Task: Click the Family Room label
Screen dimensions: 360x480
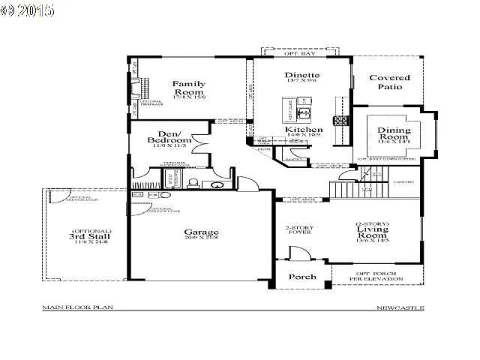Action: point(189,88)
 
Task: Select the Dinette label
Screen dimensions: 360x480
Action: point(302,75)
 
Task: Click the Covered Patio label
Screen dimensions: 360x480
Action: point(389,82)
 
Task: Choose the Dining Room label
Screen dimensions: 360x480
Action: point(394,134)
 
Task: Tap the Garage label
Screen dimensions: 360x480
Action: point(201,232)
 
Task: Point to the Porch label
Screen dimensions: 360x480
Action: point(302,277)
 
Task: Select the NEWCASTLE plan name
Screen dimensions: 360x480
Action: point(400,307)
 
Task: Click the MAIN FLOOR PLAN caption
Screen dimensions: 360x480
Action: point(72,307)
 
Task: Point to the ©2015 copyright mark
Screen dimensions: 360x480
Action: point(28,11)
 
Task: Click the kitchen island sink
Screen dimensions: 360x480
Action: point(303,113)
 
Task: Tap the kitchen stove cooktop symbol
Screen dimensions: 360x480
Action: point(340,119)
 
